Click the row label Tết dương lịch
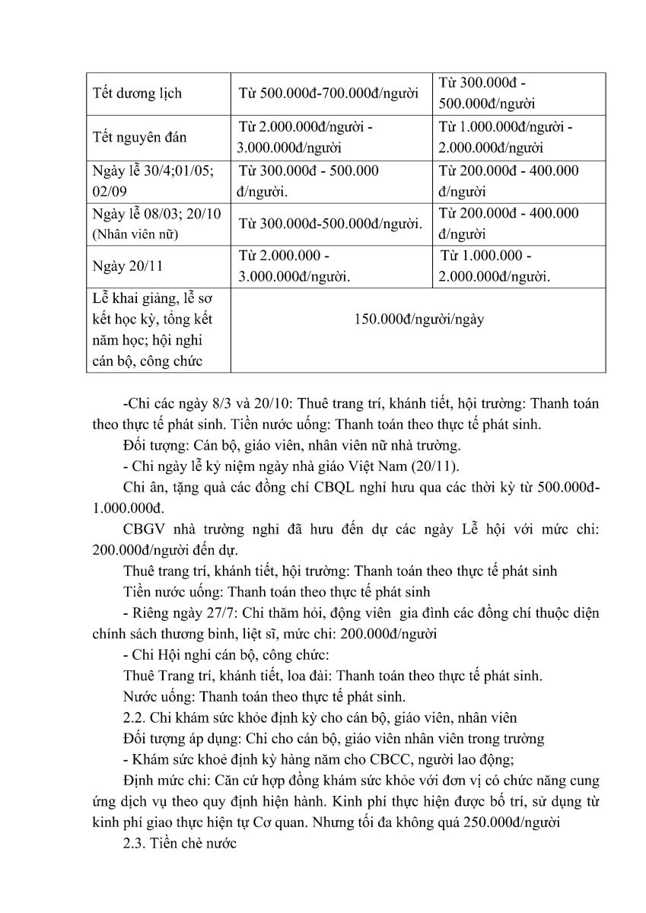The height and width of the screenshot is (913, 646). [137, 94]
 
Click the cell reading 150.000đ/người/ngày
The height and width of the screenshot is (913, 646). [418, 319]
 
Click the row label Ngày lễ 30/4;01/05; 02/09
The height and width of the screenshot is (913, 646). [152, 181]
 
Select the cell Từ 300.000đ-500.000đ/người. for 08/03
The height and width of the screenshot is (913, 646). [330, 224]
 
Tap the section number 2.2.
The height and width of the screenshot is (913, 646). [135, 716]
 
